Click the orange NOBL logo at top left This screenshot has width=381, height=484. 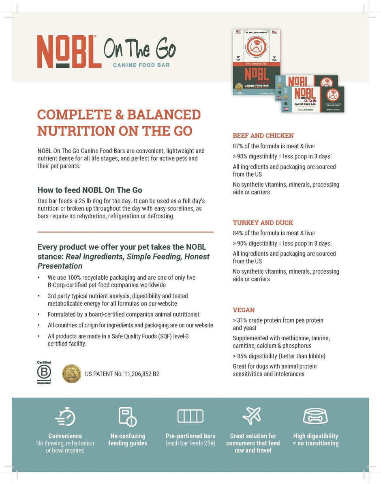tap(69, 52)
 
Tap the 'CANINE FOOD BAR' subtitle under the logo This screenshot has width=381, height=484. tap(141, 65)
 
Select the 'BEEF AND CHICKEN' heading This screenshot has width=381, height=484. tap(263, 136)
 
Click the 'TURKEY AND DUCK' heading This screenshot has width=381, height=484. tap(263, 223)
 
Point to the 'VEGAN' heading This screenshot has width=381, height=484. tap(244, 310)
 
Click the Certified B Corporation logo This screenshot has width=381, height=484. tap(44, 373)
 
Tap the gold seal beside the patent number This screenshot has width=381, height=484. tap(71, 374)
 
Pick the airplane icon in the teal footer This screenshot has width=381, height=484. tap(253, 415)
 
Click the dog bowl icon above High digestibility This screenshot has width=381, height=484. tap(315, 416)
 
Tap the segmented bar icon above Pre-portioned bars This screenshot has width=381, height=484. tap(190, 416)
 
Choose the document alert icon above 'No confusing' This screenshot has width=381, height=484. tap(127, 416)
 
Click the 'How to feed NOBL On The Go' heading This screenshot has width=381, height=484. tap(90, 190)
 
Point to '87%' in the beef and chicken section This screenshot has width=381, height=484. tap(238, 146)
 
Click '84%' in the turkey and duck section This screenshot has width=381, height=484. tap(238, 233)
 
